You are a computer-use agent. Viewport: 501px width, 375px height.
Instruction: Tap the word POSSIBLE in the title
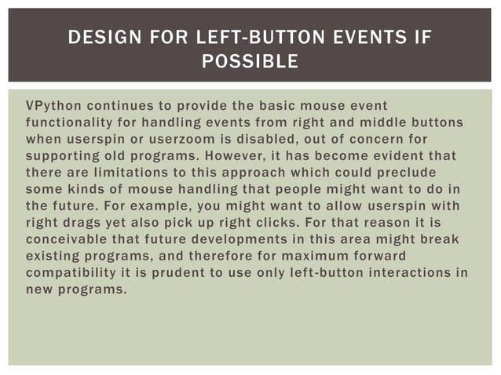coord(251,61)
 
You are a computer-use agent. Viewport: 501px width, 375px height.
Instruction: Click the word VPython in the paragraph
coord(52,105)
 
